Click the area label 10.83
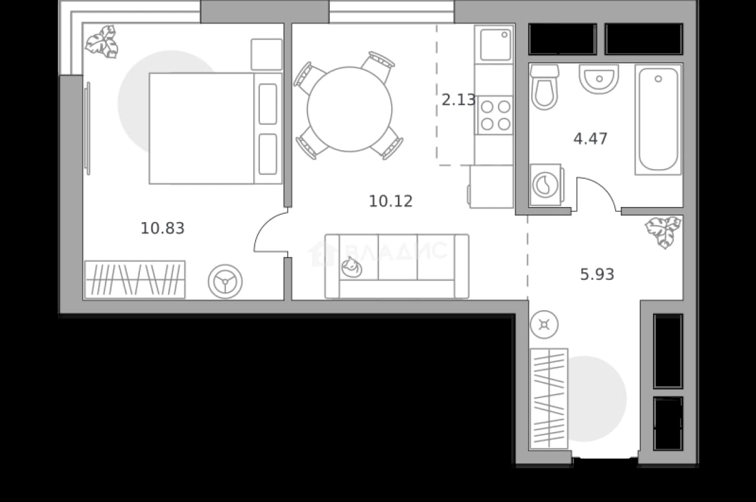pos(162,228)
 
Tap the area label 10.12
pos(391,202)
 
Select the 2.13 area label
pos(458,100)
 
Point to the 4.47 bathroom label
pos(590,139)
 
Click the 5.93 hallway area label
pos(597,275)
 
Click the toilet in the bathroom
pos(544,87)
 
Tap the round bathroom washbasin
pos(599,79)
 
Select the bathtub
pos(658,119)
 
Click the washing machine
pos(546,185)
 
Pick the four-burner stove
pos(496,115)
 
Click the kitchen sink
pos(496,45)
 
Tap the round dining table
pos(350,109)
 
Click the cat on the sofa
pos(351,267)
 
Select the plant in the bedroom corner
pos(102,42)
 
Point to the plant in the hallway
pos(663,232)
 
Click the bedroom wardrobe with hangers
pos(134,280)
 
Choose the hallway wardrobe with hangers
pos(549,399)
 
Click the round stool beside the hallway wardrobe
pos(544,325)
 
